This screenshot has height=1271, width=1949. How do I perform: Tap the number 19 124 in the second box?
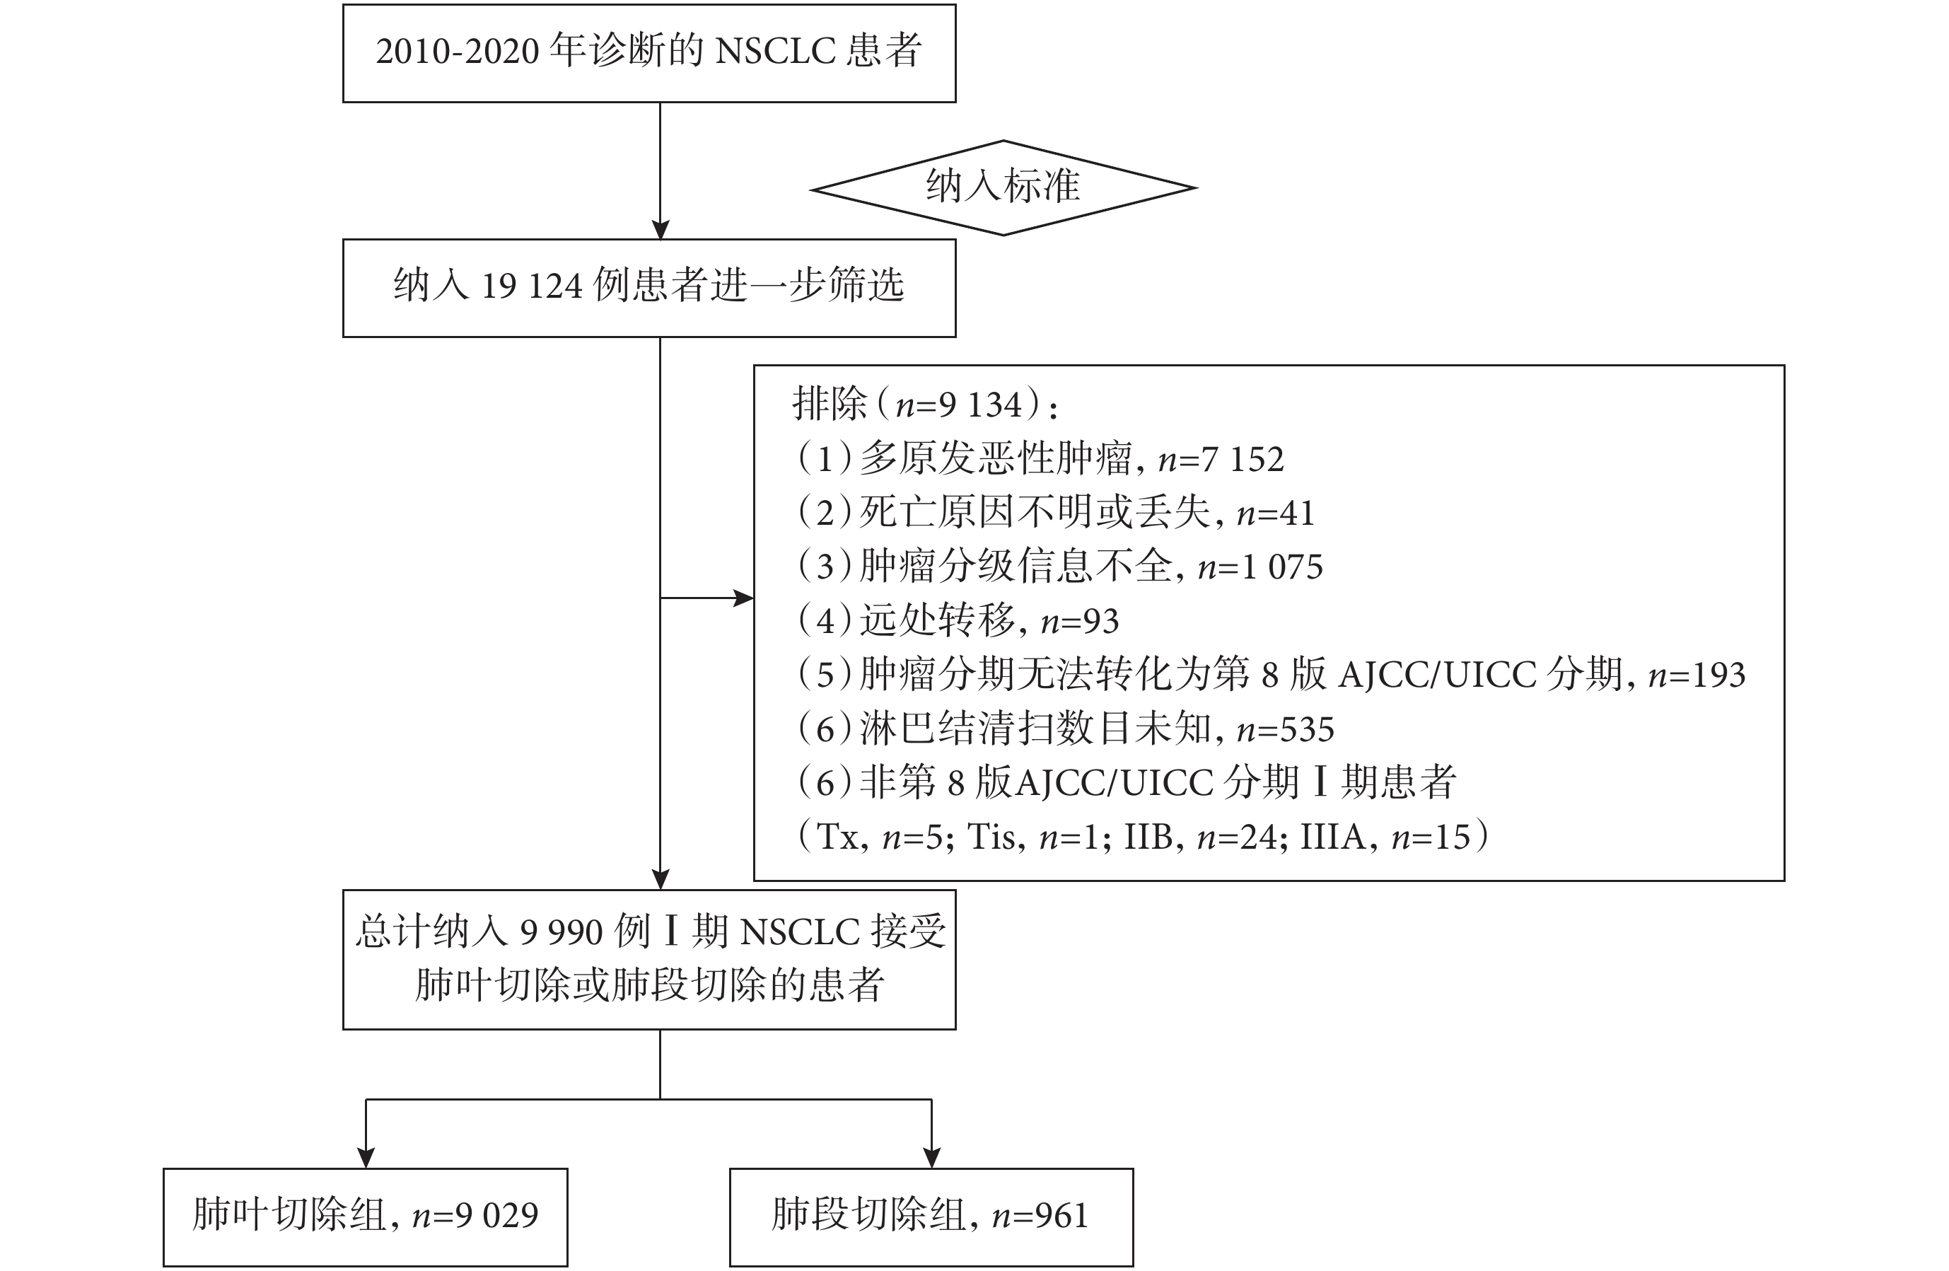click(x=532, y=286)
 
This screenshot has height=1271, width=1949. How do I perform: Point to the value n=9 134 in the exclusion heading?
click(x=959, y=405)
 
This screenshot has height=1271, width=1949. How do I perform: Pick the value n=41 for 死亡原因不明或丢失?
click(x=1275, y=513)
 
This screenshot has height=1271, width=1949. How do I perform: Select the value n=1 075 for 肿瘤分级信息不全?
click(x=1260, y=567)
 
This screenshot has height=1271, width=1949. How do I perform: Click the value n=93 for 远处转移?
click(x=1079, y=622)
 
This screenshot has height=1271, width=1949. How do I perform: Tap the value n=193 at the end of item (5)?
click(x=1697, y=675)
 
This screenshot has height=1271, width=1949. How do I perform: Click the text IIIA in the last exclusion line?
click(x=1332, y=837)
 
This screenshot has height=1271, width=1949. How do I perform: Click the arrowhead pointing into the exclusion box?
click(x=743, y=598)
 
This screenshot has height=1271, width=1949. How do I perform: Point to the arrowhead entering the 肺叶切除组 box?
click(x=366, y=1158)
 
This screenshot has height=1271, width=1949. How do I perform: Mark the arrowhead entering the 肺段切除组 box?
click(x=932, y=1158)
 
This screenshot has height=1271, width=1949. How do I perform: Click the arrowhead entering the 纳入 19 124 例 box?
click(x=660, y=229)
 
